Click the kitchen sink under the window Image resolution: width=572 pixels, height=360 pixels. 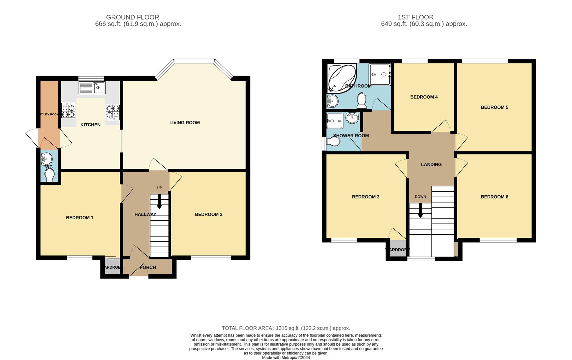coord(92,88)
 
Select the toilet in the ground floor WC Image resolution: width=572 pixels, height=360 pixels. coord(49,175)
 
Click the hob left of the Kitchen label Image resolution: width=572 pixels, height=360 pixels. coord(68,110)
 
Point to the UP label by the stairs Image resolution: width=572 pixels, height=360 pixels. coord(159,188)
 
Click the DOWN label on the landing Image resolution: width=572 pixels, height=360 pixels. coord(420,197)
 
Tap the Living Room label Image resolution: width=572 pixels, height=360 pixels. coord(184,123)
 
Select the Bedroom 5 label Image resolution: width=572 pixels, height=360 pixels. coord(494,107)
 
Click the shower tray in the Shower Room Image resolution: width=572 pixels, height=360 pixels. coord(335,120)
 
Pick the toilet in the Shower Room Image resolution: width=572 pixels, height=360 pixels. coord(334,142)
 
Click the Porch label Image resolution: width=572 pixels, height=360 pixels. coord(147,267)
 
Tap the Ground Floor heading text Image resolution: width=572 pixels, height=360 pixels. coord(132,17)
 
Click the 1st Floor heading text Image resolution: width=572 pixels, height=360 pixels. coord(416,17)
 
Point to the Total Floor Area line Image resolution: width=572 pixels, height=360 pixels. coord(286,328)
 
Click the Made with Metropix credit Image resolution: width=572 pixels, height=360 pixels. coord(286,358)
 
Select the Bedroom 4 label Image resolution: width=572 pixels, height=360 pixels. coord(424,97)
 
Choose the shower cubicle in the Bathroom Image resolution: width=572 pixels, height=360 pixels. coord(380,74)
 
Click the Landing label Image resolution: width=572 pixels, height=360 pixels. coord(431,165)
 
